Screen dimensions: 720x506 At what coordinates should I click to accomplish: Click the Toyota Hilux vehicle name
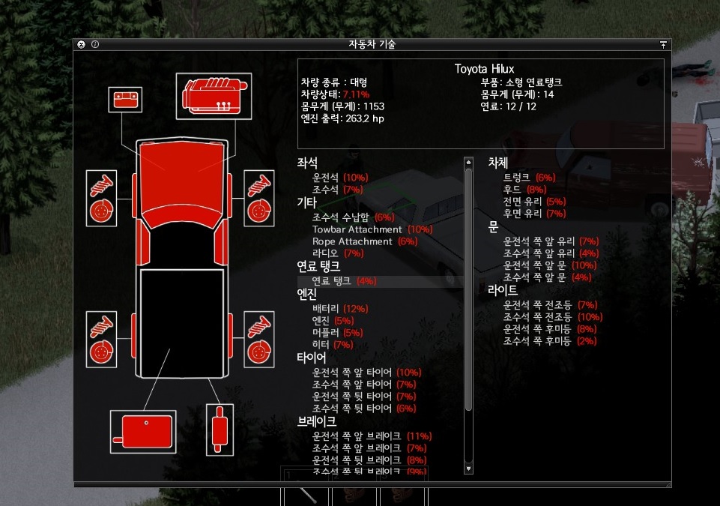pyautogui.click(x=484, y=69)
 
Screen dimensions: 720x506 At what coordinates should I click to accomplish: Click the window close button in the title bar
pyautogui.click(x=81, y=44)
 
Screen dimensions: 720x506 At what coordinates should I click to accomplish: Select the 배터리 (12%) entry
pyautogui.click(x=340, y=309)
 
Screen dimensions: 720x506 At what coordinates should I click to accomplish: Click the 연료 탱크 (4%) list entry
pyautogui.click(x=344, y=281)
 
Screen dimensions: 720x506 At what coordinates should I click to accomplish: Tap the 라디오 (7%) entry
pyautogui.click(x=337, y=253)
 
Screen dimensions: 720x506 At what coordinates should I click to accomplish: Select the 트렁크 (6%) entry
pyautogui.click(x=529, y=178)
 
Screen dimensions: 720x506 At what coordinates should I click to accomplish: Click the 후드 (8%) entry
pyautogui.click(x=524, y=190)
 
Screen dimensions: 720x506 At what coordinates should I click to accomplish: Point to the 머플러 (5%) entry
pyautogui.click(x=337, y=333)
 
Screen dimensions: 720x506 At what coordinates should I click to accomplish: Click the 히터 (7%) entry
pyautogui.click(x=333, y=345)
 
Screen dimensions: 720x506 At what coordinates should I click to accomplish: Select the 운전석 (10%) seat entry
pyautogui.click(x=340, y=178)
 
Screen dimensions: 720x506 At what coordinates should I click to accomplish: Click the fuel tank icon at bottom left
pyautogui.click(x=142, y=432)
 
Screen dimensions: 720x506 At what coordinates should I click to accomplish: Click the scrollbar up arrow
pyautogui.click(x=469, y=161)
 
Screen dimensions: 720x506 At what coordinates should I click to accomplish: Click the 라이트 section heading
pyautogui.click(x=503, y=289)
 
